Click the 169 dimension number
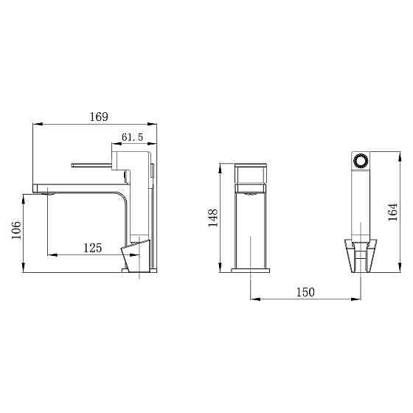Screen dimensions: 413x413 click(98, 117)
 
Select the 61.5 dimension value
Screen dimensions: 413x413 click(132, 137)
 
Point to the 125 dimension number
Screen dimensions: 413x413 click(91, 249)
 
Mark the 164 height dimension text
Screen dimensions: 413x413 click(393, 212)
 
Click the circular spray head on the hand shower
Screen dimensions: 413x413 click(361, 161)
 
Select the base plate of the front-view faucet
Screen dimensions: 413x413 click(251, 271)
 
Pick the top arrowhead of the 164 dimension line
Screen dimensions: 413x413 click(400, 155)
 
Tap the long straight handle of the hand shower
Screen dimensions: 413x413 click(361, 206)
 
